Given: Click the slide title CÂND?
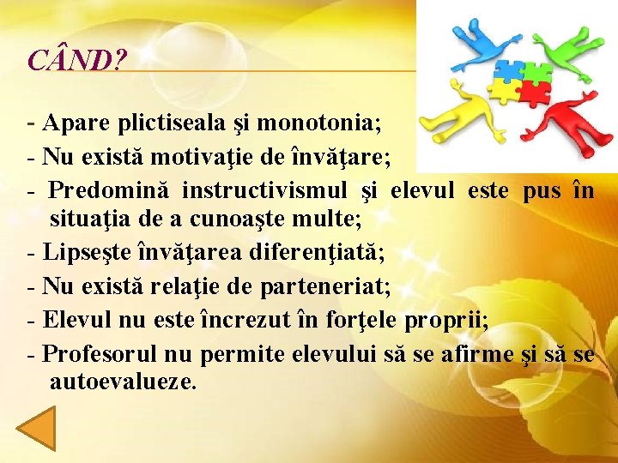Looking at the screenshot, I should click(77, 60).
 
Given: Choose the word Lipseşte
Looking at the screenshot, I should click(82, 253).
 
